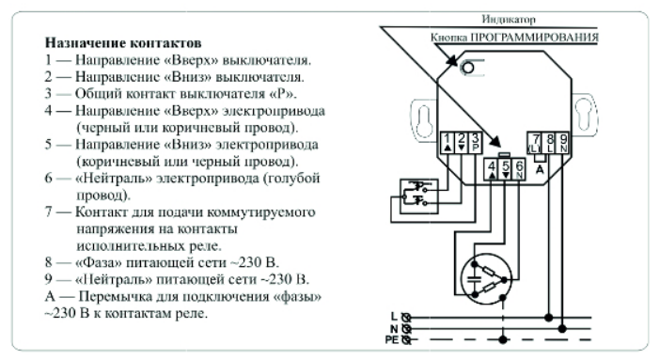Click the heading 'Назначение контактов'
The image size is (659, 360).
pos(123,43)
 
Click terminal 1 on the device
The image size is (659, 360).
pos(447,143)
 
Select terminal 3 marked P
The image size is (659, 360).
pos(476,143)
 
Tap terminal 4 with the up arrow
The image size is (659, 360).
pos(492,170)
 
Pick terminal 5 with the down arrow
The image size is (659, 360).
pos(506,170)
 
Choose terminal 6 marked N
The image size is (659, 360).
pos(520,170)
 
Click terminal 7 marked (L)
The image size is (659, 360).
pos(535,143)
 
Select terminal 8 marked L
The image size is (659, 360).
pos(549,143)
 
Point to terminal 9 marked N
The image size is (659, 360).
pos(563,143)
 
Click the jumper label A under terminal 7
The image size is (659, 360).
pos(540,170)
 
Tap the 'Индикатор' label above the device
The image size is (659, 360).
pos(509,20)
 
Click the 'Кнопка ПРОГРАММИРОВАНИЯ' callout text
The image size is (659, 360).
pos(514,38)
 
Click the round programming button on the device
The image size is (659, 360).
pos(467,68)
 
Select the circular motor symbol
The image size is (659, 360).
pos(486,278)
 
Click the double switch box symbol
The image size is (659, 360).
pos(418,196)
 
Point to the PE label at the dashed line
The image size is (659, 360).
pos(392,339)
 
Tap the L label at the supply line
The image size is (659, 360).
pos(394,317)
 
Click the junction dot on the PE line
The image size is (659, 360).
pos(503,339)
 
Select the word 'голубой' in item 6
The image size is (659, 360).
pos(293,178)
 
